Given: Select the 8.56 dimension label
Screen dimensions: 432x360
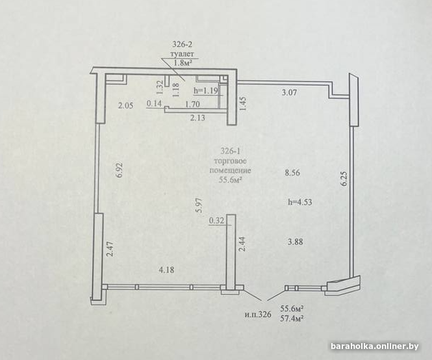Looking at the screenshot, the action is tap(292, 173).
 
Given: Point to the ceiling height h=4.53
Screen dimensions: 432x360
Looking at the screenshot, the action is tap(300, 202).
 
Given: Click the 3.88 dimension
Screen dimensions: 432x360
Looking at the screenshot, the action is tap(295, 242).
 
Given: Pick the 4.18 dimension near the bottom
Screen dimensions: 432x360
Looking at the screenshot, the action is tap(166, 270).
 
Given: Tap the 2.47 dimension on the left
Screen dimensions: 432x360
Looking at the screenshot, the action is tap(110, 249).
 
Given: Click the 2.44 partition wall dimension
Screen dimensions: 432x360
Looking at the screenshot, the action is tap(242, 244).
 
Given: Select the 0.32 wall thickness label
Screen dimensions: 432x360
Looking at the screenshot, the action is tap(217, 220).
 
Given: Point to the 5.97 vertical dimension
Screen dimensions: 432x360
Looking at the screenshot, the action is tap(199, 205).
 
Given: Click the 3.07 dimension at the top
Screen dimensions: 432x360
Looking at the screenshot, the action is tap(289, 92).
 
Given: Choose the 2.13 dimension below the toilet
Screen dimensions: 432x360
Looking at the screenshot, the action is tap(198, 118).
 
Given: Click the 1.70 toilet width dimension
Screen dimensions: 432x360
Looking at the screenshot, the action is tap(192, 104).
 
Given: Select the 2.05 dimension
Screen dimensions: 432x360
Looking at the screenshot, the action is tap(125, 105).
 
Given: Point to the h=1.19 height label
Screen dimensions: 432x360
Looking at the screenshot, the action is tap(206, 90).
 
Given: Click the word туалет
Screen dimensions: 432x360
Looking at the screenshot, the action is tap(182, 55).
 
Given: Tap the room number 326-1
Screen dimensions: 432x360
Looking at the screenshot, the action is tap(231, 151).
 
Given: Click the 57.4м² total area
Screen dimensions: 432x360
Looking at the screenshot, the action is tap(292, 318).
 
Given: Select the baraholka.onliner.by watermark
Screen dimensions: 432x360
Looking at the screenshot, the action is tap(375, 346).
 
